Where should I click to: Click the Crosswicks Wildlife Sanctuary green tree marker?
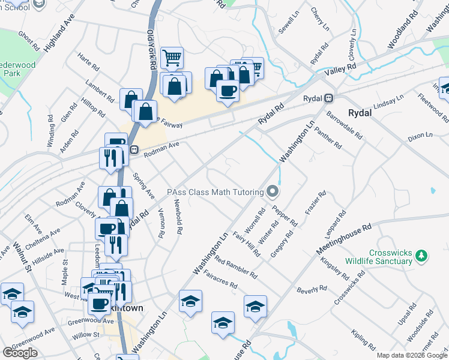(423, 256)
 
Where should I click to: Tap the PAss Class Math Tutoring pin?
(273, 192)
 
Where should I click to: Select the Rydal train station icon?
(328, 98)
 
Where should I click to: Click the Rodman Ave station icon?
(134, 150)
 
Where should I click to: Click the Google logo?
(20, 353)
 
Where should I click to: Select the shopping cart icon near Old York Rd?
(172, 58)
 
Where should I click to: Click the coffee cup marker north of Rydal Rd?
(228, 91)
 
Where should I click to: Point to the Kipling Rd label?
(364, 339)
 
